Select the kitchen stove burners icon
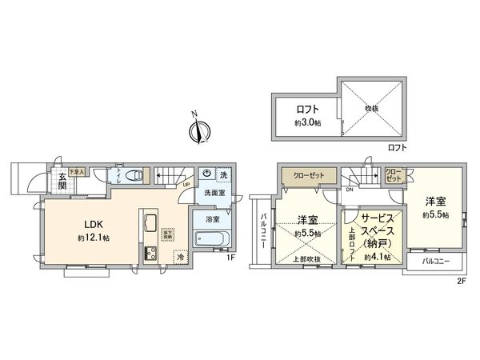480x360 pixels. click(149, 254)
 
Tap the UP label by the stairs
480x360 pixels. click(186, 186)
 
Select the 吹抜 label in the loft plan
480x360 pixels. click(370, 108)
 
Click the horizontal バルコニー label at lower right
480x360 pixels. click(435, 261)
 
